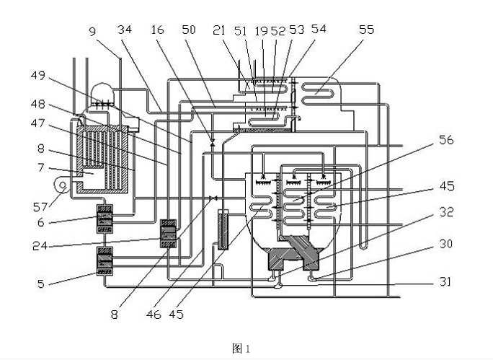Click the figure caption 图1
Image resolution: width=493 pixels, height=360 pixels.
(240, 348)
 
